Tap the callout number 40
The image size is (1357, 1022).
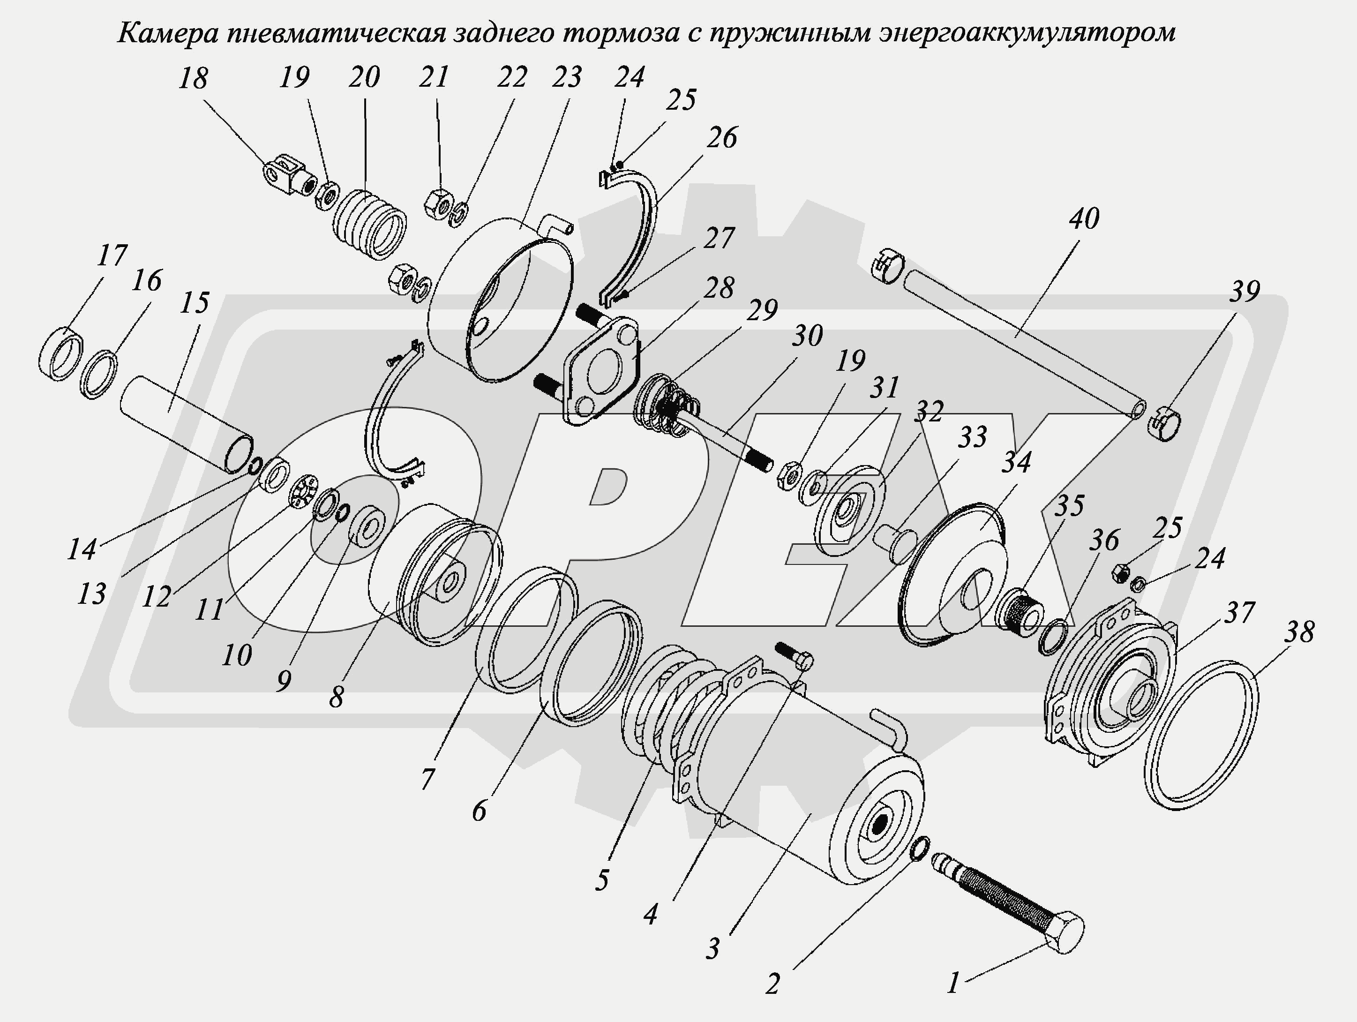1085,219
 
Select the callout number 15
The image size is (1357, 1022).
195,303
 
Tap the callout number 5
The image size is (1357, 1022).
602,879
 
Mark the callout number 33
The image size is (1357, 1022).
972,437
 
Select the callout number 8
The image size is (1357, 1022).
336,696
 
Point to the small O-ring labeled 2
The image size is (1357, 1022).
918,849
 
